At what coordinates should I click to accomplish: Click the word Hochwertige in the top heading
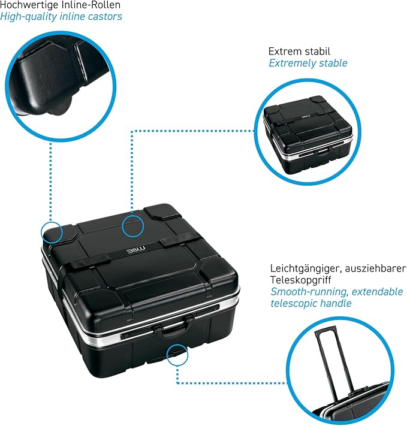(29, 5)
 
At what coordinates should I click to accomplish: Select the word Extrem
(285, 52)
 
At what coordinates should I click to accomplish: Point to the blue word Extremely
(293, 64)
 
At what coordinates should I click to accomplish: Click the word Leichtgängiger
(306, 268)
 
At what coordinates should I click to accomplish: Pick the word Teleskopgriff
(300, 280)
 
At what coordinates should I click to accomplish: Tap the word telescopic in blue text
(294, 303)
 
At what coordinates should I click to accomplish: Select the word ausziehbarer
(375, 268)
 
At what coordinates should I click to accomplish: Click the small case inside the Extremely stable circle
(308, 134)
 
